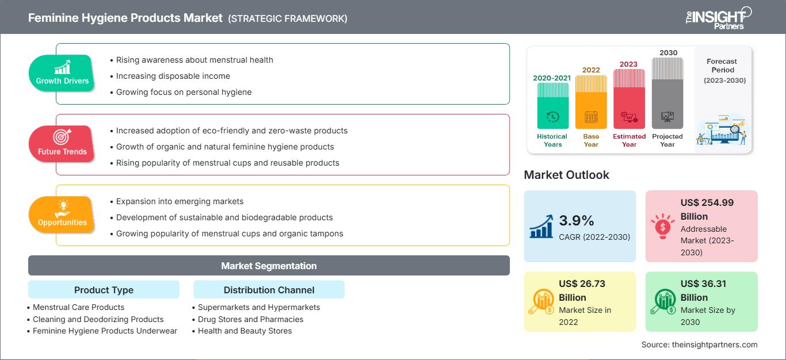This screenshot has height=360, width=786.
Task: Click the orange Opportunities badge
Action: point(62,215)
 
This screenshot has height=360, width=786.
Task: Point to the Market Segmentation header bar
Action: point(269,266)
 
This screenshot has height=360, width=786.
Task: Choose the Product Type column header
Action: point(104,290)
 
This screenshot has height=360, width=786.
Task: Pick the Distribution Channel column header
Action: point(269,290)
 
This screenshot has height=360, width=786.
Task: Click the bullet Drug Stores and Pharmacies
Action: point(250,319)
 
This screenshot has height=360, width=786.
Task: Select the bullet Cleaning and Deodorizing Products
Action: point(98,319)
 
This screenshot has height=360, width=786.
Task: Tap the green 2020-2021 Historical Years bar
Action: point(552,106)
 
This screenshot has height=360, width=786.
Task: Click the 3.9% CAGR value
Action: point(576,220)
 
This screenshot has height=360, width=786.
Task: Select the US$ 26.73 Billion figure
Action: point(581,290)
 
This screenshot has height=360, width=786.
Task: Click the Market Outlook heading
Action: point(566,175)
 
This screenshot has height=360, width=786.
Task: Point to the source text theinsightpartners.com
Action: point(699,344)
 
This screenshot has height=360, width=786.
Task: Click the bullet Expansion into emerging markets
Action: point(180,201)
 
